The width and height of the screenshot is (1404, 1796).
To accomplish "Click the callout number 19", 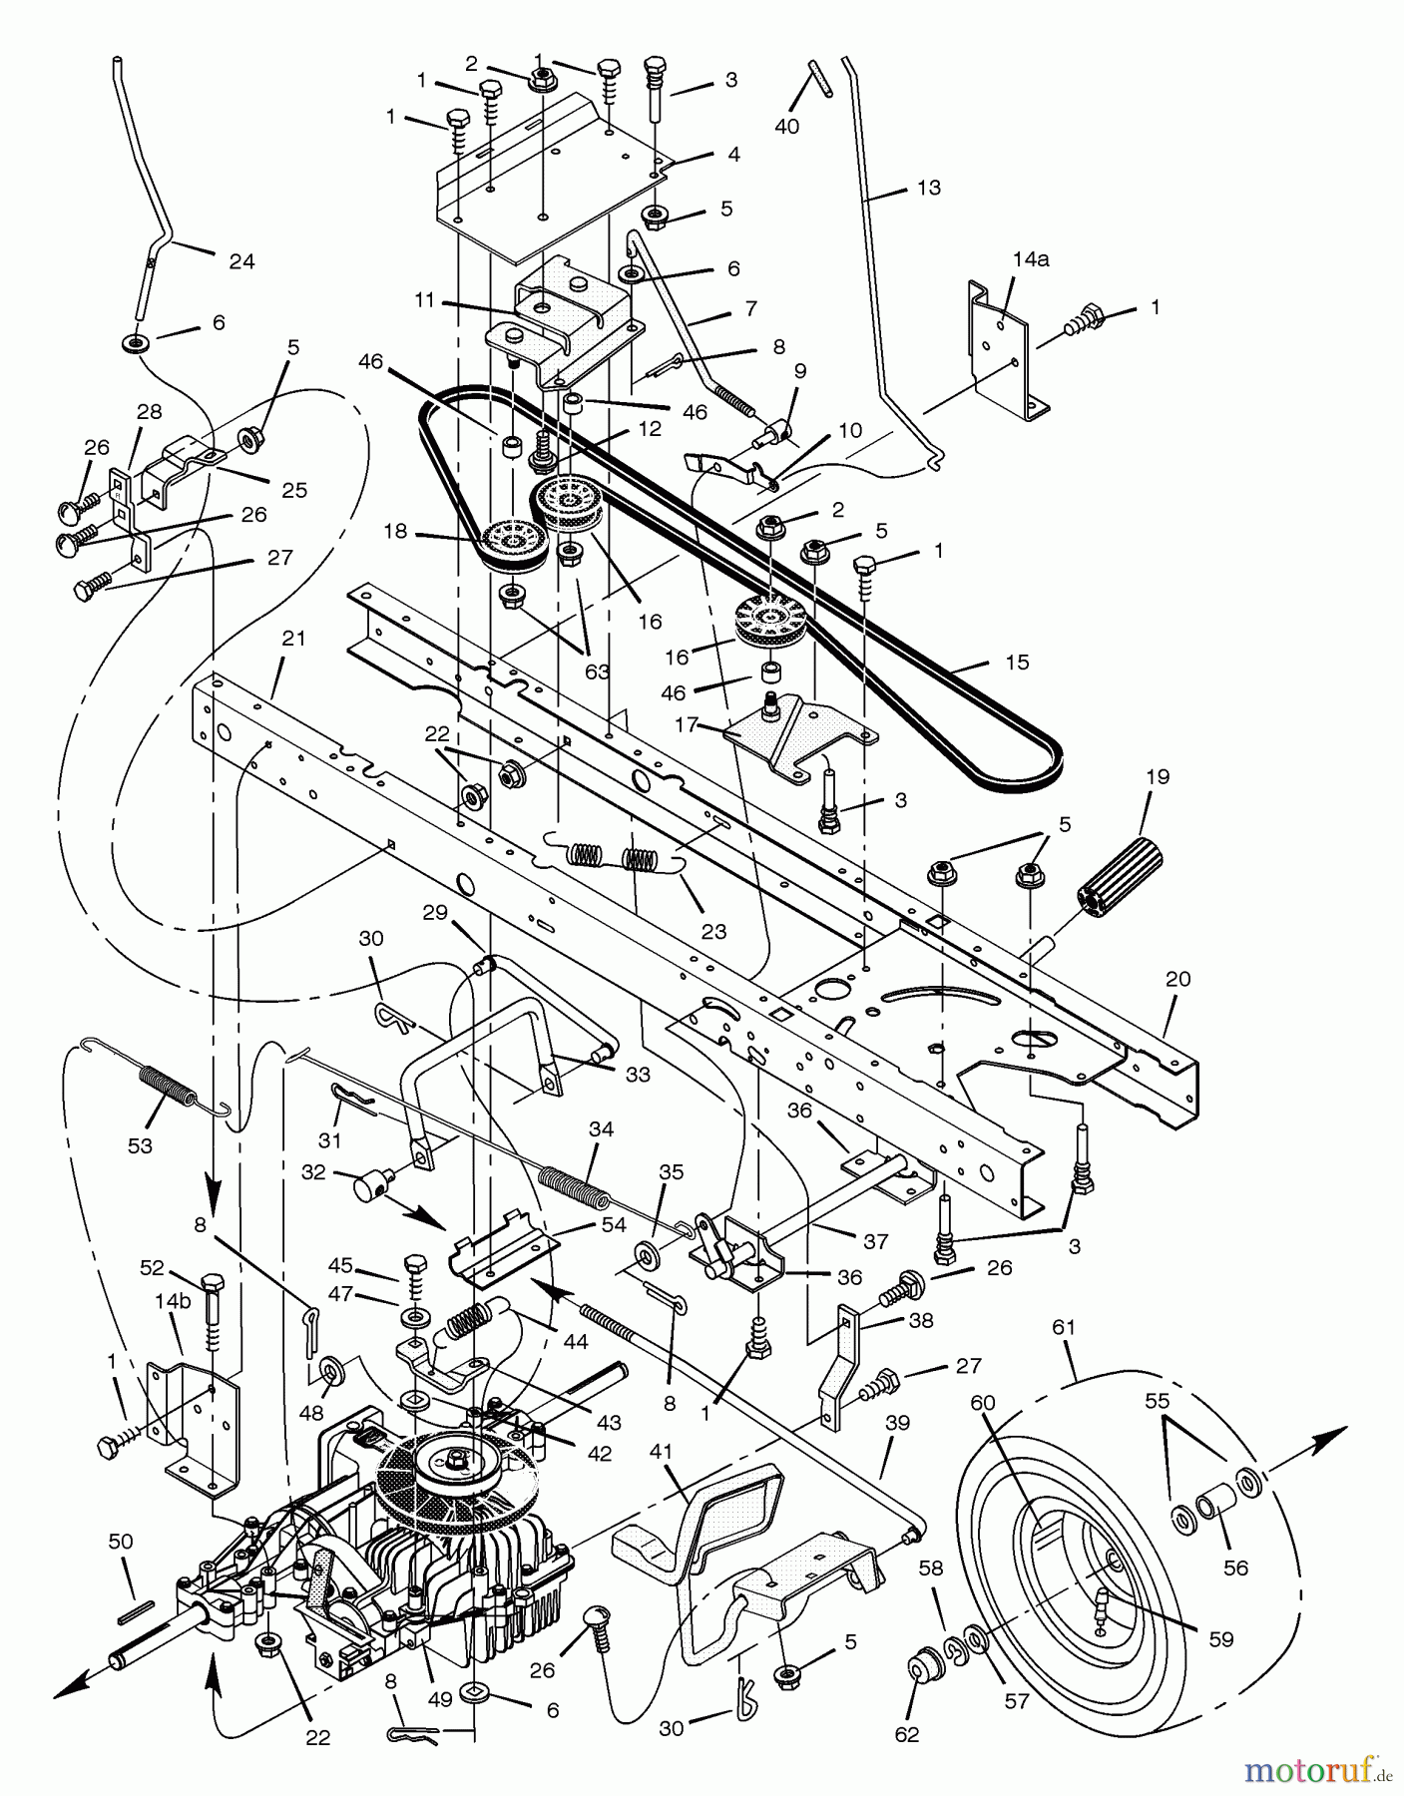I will [1159, 776].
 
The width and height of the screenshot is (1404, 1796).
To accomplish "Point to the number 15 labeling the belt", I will [1018, 662].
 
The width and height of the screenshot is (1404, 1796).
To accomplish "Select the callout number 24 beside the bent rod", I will [241, 261].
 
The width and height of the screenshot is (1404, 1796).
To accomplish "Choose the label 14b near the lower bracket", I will [172, 1303].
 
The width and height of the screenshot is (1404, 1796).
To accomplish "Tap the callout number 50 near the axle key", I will [120, 1543].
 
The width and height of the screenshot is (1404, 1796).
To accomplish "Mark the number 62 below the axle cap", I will [906, 1734].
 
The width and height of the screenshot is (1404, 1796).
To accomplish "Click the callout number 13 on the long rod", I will [929, 188].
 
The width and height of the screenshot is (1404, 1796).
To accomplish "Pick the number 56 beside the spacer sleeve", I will [1235, 1569].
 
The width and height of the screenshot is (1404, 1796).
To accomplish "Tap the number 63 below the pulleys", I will [597, 672].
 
